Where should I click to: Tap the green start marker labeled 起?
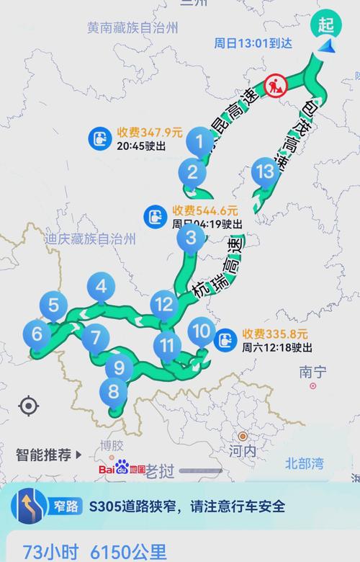327,24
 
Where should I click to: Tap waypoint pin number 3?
191,237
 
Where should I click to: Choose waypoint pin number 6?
37,333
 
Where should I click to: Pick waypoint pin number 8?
113,392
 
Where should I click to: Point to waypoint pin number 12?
165,304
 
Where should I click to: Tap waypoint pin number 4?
101,287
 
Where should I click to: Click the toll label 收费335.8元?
275,334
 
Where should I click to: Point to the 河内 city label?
243,451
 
